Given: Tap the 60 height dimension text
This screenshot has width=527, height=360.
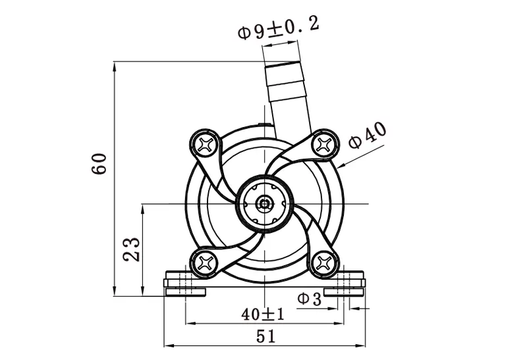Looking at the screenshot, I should coord(99,164).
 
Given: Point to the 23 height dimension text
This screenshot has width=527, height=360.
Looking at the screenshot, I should coord(131,249).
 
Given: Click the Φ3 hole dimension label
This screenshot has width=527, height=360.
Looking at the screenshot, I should coord(309,299).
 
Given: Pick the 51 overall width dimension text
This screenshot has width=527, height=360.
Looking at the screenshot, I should coord(264,336).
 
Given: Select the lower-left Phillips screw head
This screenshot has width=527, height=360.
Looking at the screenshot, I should coord(206,263).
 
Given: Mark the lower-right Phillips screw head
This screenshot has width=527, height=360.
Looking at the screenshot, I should coord(324,263).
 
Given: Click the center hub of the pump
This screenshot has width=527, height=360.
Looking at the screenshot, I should coord(265,203).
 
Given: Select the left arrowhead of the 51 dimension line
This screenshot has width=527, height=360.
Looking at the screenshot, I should coord(167,345).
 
